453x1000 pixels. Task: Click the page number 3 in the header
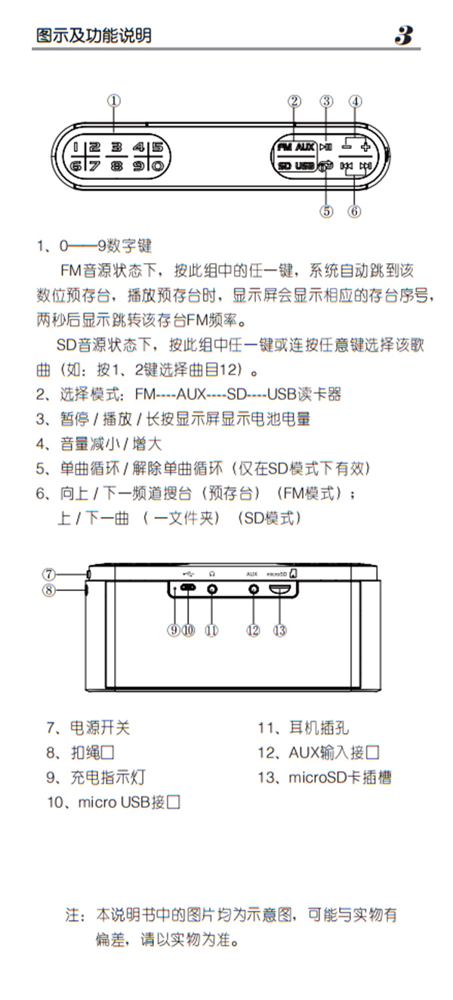(x=404, y=35)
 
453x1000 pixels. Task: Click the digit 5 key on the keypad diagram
(x=157, y=148)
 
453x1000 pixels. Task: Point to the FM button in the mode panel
(x=283, y=148)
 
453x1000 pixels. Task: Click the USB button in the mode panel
(x=304, y=166)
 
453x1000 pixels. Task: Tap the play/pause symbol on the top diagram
(x=326, y=148)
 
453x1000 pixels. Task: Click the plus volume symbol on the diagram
(x=366, y=147)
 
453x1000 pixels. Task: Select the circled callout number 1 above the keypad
(x=113, y=101)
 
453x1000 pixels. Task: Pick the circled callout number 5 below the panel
(x=326, y=211)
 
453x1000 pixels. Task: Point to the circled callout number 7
(x=48, y=574)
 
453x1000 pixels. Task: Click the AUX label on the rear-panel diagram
(x=252, y=574)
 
